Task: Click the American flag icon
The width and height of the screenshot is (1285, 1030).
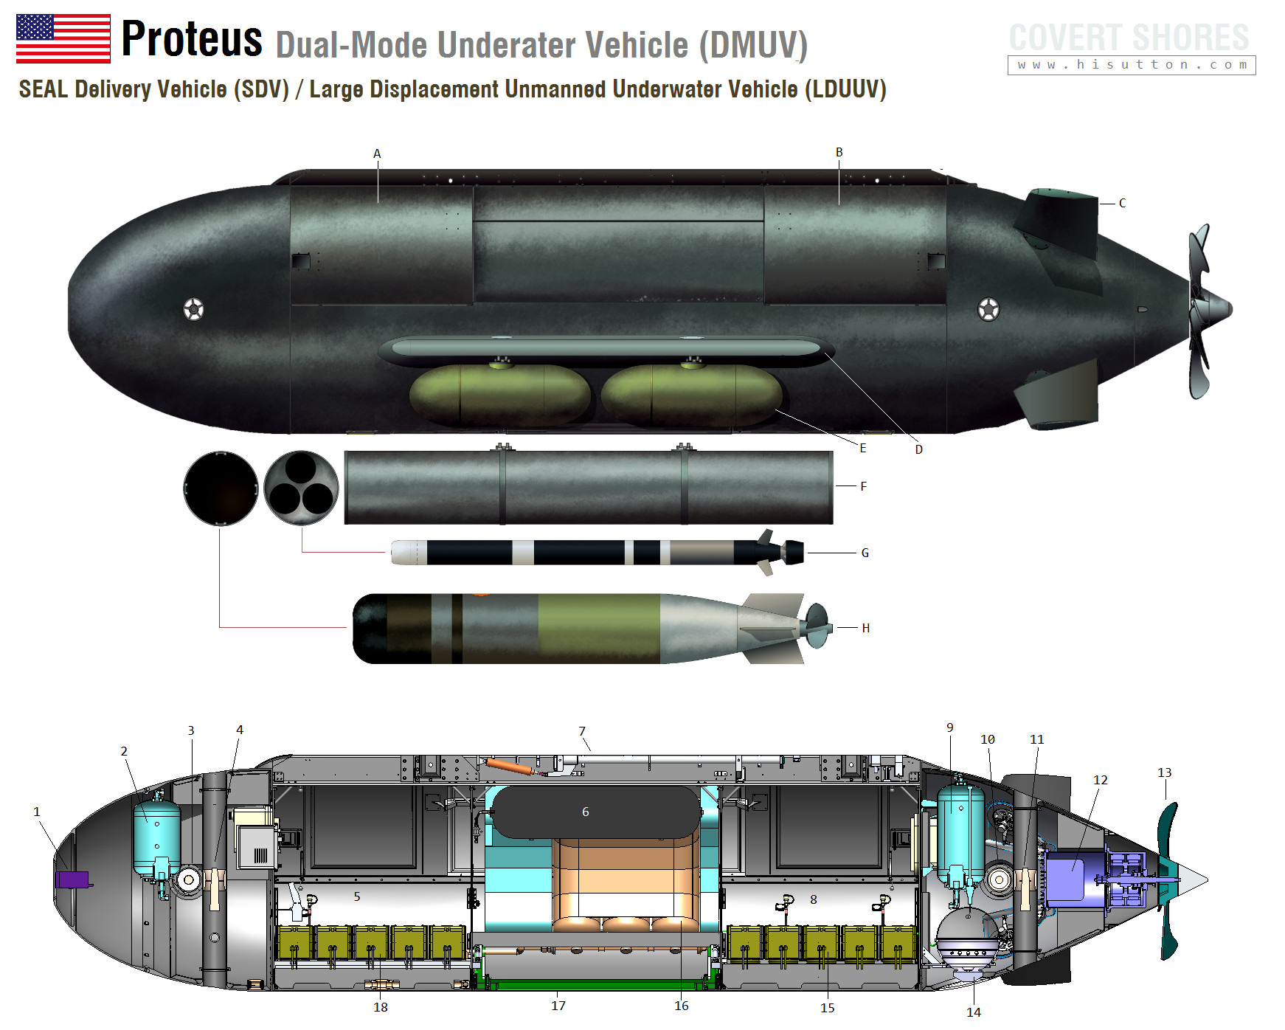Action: point(63,38)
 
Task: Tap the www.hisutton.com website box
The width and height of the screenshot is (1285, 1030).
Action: point(1132,65)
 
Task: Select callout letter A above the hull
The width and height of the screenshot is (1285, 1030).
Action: point(377,153)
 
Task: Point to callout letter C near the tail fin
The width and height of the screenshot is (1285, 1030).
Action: point(1122,203)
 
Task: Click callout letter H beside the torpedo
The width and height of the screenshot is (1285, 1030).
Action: point(866,628)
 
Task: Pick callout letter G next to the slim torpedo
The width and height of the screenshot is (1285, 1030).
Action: point(865,553)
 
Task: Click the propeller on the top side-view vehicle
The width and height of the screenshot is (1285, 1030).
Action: point(1202,311)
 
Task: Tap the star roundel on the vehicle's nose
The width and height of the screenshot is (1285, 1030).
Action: point(193,309)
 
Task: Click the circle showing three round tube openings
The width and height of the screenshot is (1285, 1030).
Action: point(301,488)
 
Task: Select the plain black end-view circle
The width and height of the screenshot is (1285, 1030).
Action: point(221,488)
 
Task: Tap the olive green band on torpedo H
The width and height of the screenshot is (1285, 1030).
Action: point(598,629)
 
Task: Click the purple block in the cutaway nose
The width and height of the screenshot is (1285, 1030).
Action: point(72,879)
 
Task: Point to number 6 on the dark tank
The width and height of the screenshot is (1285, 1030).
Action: point(586,812)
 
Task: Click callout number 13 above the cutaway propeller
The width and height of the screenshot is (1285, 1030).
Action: point(1165,772)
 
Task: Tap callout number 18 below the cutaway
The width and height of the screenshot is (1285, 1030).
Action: point(381,1007)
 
